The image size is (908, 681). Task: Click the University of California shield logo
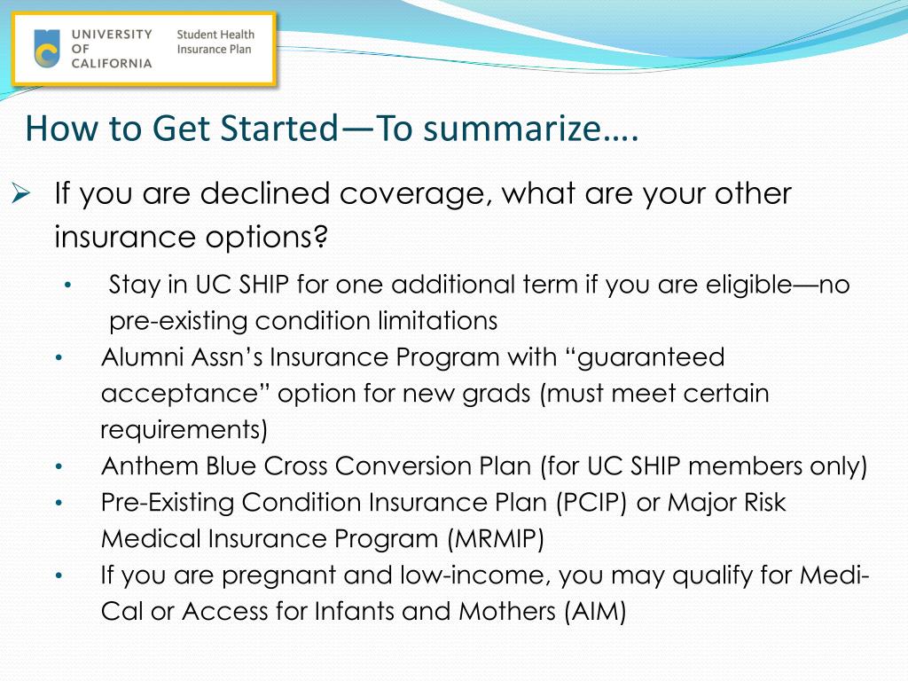coord(47,48)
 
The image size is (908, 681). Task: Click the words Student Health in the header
coord(215,35)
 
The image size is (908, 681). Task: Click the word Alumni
coord(137,357)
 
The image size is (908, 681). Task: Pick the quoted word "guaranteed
coord(646,357)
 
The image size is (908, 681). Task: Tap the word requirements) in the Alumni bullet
coord(184,430)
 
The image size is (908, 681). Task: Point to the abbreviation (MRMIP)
coord(496,539)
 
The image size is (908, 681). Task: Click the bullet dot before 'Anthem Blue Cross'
coord(59,466)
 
